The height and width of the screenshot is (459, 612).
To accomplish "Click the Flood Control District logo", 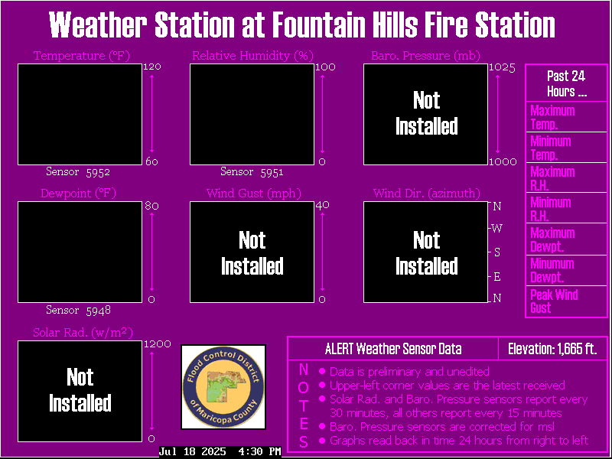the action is click(x=223, y=387).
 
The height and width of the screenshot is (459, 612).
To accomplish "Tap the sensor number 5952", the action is click(x=98, y=172).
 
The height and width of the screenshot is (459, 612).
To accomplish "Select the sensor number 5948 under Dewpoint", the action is click(x=99, y=311).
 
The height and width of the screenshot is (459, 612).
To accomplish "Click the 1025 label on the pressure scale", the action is click(x=503, y=67).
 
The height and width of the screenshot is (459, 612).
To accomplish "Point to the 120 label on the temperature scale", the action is click(x=151, y=67).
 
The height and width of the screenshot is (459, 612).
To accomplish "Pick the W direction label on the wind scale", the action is click(x=496, y=228).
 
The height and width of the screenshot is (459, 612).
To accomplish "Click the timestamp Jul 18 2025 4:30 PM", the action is click(x=220, y=451).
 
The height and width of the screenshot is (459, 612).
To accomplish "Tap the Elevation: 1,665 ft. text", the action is click(x=552, y=349).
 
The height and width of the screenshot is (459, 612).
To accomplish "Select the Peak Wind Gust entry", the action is click(x=554, y=301).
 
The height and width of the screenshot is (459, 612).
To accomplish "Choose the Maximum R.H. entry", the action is click(x=552, y=178).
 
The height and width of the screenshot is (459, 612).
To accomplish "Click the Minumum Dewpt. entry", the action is click(x=552, y=271).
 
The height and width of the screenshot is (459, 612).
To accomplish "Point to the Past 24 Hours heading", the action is click(x=566, y=83).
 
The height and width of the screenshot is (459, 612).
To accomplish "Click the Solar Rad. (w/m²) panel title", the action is click(x=83, y=333).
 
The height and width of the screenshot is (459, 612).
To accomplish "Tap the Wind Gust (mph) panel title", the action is click(x=254, y=194).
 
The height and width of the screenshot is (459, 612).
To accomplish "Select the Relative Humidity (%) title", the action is click(x=253, y=56).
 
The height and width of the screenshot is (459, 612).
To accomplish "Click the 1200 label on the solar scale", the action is click(x=158, y=343).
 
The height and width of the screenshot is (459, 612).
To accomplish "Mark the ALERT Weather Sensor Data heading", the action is click(x=393, y=349).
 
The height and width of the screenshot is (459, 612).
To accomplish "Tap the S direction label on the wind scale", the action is click(x=496, y=252).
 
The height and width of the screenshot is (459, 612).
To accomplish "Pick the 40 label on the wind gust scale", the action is click(x=322, y=205).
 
